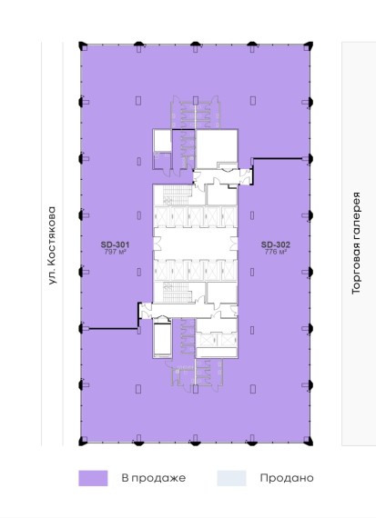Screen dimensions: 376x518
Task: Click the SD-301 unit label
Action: click(x=115, y=244)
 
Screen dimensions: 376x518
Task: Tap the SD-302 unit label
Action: click(x=275, y=244)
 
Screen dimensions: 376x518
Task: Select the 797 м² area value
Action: click(x=116, y=252)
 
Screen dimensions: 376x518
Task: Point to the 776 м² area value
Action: click(x=275, y=252)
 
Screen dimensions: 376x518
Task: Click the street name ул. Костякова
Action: click(x=52, y=245)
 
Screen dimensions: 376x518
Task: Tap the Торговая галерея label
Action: click(x=356, y=244)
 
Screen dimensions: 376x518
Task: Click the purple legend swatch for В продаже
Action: click(x=93, y=478)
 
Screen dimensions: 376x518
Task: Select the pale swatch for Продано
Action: click(x=231, y=478)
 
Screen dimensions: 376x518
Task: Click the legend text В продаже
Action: click(x=154, y=478)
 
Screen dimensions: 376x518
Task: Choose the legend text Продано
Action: click(x=287, y=478)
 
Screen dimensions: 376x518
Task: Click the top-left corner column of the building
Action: click(x=82, y=45)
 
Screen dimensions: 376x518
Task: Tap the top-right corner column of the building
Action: click(x=309, y=45)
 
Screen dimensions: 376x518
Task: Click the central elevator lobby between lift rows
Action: click(x=195, y=244)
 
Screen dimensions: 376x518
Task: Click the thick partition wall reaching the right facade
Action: click(x=278, y=159)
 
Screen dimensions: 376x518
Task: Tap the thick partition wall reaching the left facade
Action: click(x=113, y=328)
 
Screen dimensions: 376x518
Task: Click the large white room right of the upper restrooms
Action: click(x=217, y=149)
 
